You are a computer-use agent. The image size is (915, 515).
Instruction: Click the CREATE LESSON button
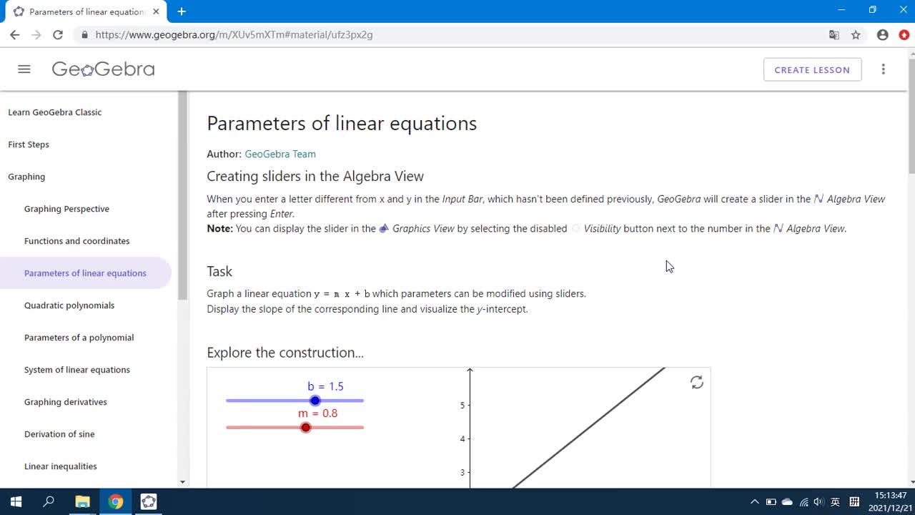click(812, 69)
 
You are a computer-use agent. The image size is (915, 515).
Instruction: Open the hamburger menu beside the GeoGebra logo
click(24, 69)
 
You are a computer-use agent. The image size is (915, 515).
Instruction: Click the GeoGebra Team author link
click(280, 154)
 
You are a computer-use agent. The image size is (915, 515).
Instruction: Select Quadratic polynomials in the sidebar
click(69, 305)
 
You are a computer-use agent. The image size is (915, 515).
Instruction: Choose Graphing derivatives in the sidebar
click(66, 402)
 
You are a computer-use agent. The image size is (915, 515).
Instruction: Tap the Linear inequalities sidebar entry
click(61, 466)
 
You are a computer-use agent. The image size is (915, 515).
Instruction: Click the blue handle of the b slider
click(315, 401)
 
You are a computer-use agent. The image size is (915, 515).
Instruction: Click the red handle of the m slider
click(306, 428)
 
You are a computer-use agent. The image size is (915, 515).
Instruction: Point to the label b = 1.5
click(325, 386)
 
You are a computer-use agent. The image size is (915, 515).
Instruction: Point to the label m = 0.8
click(317, 413)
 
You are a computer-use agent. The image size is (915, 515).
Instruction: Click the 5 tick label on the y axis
click(463, 406)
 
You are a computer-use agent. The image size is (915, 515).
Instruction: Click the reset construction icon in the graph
click(697, 383)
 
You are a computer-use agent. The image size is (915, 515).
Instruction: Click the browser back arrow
click(15, 34)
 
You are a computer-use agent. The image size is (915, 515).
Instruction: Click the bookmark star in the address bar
click(856, 34)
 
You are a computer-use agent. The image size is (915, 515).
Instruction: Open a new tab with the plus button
click(182, 11)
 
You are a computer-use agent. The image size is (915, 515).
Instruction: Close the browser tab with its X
click(156, 11)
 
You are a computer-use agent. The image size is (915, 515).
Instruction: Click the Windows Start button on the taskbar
click(16, 501)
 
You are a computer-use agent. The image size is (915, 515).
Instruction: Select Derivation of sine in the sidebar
click(59, 434)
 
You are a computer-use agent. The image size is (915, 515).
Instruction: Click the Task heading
click(219, 271)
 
